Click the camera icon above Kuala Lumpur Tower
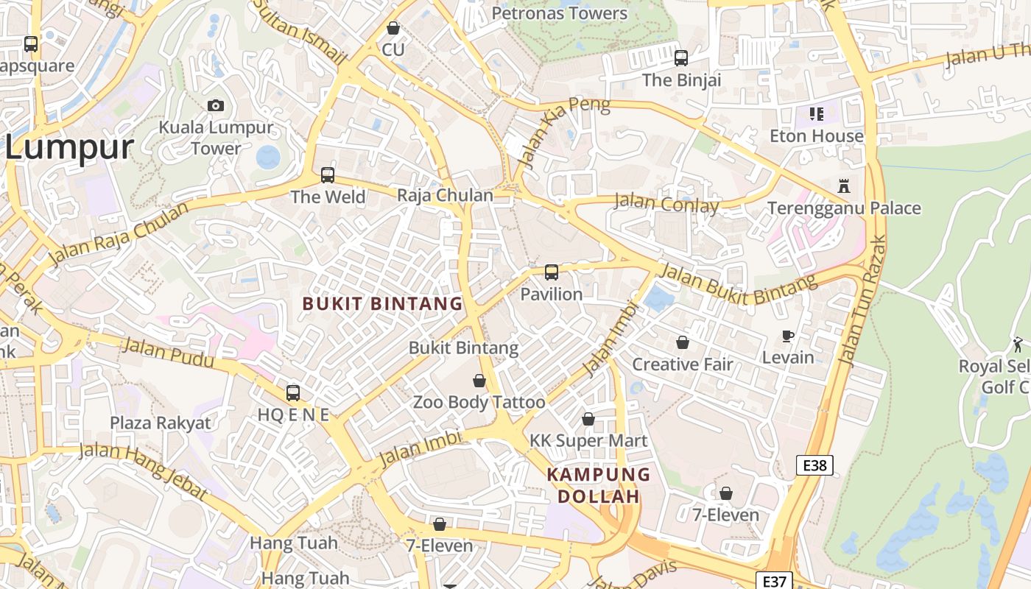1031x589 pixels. (216, 106)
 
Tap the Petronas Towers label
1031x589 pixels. (560, 13)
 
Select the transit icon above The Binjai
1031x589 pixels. (681, 57)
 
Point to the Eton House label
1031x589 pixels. (816, 136)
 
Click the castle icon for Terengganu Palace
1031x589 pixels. (844, 186)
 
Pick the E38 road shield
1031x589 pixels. (814, 465)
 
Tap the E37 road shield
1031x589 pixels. (774, 581)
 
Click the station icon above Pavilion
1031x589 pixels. (552, 272)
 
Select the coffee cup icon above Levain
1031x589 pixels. (788, 336)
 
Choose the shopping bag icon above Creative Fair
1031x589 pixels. (683, 342)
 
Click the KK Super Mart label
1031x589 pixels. (588, 441)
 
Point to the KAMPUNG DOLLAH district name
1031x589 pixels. (598, 485)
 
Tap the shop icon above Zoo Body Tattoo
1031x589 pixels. (479, 381)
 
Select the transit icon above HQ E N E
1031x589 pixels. (293, 393)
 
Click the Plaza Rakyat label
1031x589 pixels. (161, 423)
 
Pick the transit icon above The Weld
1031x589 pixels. (328, 175)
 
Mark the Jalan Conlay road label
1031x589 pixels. (666, 202)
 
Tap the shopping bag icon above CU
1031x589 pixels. (393, 28)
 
